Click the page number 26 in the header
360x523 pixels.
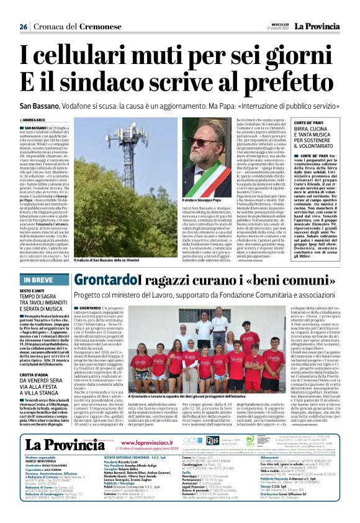24,27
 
